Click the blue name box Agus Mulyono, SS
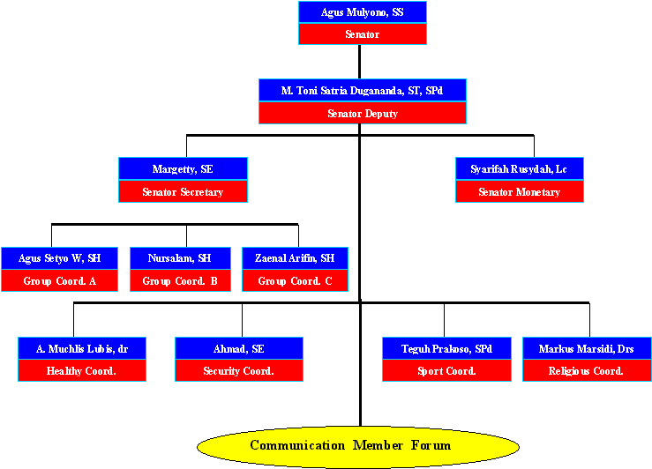(x=363, y=12)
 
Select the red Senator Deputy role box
(x=363, y=113)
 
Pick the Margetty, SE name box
(x=183, y=168)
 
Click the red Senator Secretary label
(x=183, y=191)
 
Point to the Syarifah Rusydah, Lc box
(x=520, y=168)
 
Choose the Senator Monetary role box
(x=520, y=191)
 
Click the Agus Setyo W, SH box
(x=59, y=258)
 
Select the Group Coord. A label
(x=59, y=280)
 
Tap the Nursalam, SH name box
(x=180, y=258)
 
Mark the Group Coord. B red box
(x=180, y=280)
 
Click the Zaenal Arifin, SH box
(x=295, y=258)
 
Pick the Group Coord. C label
(x=295, y=280)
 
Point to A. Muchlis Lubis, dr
(x=82, y=348)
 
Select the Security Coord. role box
(x=239, y=370)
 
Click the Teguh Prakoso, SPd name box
(x=446, y=348)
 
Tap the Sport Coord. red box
(x=446, y=370)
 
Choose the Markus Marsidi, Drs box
(x=587, y=348)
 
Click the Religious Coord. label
(x=587, y=370)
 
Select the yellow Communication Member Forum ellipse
(x=358, y=447)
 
